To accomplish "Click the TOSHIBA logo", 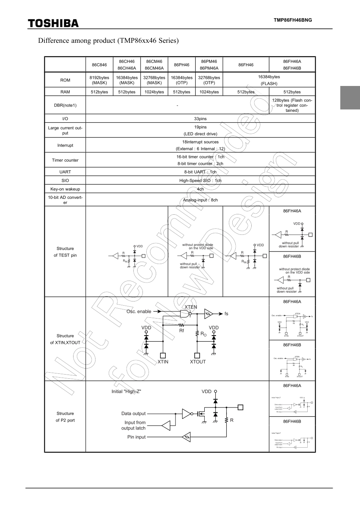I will tap(53, 23).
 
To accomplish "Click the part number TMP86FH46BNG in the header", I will tap(293, 20).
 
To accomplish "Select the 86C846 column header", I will tap(99, 65).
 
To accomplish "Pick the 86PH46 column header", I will tap(182, 65).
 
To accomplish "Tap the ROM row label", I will tap(65, 80).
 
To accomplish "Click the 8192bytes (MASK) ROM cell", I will tap(99, 80).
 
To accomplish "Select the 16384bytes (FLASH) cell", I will tap(269, 80).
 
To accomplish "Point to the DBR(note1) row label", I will tap(65, 105).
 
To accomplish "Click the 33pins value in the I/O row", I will tap(200, 119).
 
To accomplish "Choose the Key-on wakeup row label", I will tap(65, 189).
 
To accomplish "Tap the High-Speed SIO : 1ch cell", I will tap(200, 181).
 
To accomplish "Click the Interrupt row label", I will tap(65, 145).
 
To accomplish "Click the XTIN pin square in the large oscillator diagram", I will tap(163, 355).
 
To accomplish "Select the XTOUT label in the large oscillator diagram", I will tap(198, 362).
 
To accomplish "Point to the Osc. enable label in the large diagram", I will tap(139, 312).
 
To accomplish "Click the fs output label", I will tap(227, 314).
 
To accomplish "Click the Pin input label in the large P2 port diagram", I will tap(136, 437).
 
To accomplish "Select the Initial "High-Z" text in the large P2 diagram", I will tap(126, 392).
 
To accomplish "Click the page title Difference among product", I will tap(108, 40).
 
